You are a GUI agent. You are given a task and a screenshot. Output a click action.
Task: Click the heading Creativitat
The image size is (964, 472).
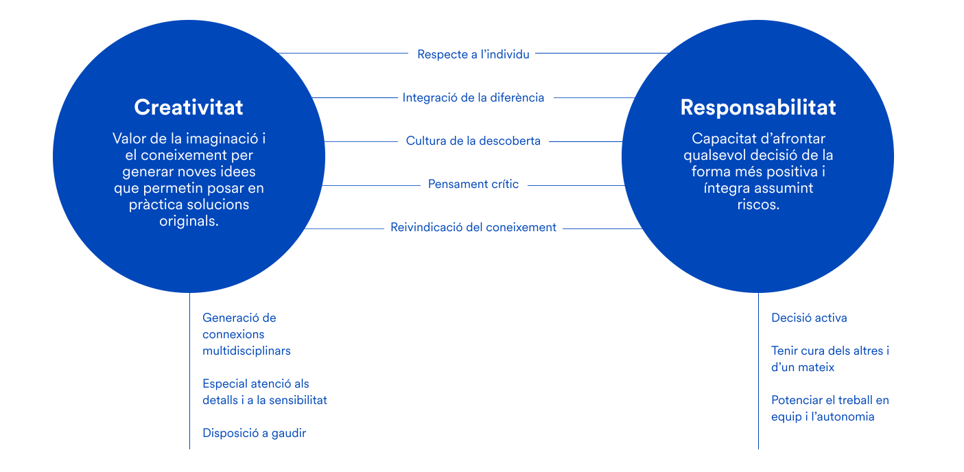point(189,108)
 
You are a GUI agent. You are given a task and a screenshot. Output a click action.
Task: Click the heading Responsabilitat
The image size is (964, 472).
point(758,108)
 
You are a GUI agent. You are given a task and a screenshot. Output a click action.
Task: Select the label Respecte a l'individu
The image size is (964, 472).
point(473,54)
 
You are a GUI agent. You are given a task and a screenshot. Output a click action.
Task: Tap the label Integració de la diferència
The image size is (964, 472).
point(473,97)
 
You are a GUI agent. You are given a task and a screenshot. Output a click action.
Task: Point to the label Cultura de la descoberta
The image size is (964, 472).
point(473,141)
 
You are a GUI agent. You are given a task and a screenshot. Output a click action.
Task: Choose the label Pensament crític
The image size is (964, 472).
point(473,184)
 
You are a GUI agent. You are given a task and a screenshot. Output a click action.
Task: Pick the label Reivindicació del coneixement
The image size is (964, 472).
point(473,227)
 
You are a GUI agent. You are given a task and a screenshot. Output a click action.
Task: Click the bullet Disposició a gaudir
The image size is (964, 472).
point(254,433)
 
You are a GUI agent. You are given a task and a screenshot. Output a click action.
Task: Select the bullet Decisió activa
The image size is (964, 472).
point(809,318)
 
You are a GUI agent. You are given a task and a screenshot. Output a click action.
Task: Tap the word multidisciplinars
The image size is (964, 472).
point(246,351)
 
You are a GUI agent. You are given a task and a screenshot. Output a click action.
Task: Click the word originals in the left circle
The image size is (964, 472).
point(189,221)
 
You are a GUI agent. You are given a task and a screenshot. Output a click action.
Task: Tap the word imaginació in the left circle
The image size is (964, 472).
point(224,139)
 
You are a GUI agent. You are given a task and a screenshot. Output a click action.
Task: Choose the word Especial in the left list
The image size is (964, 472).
point(226,383)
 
